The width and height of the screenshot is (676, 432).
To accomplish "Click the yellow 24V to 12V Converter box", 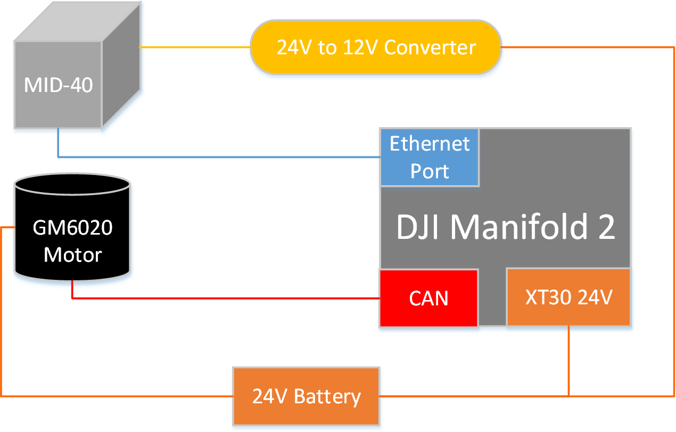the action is [x=376, y=47].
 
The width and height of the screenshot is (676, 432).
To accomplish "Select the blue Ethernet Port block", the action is [x=430, y=157].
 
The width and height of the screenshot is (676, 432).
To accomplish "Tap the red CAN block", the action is [x=428, y=298].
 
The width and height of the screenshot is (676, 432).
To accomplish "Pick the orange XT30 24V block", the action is [x=568, y=297].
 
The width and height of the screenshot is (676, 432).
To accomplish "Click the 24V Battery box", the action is [x=306, y=396].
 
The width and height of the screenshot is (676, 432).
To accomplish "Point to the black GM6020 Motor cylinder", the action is [x=72, y=227].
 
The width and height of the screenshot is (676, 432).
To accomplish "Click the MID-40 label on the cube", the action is [x=58, y=85].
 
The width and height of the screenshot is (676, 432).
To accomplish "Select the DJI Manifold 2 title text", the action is [x=506, y=227].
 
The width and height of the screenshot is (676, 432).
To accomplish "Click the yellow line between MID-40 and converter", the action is [x=195, y=47].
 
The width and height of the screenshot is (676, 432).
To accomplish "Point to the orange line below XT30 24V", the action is [x=568, y=361].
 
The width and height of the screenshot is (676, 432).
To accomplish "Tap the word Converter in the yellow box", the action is [x=430, y=47].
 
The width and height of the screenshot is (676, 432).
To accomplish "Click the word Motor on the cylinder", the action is [x=73, y=255].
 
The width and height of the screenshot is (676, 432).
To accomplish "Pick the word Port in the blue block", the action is [x=430, y=171].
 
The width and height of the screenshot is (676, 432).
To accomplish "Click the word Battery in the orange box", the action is [x=327, y=397].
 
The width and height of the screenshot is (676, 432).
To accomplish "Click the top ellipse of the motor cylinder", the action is [x=72, y=184].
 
